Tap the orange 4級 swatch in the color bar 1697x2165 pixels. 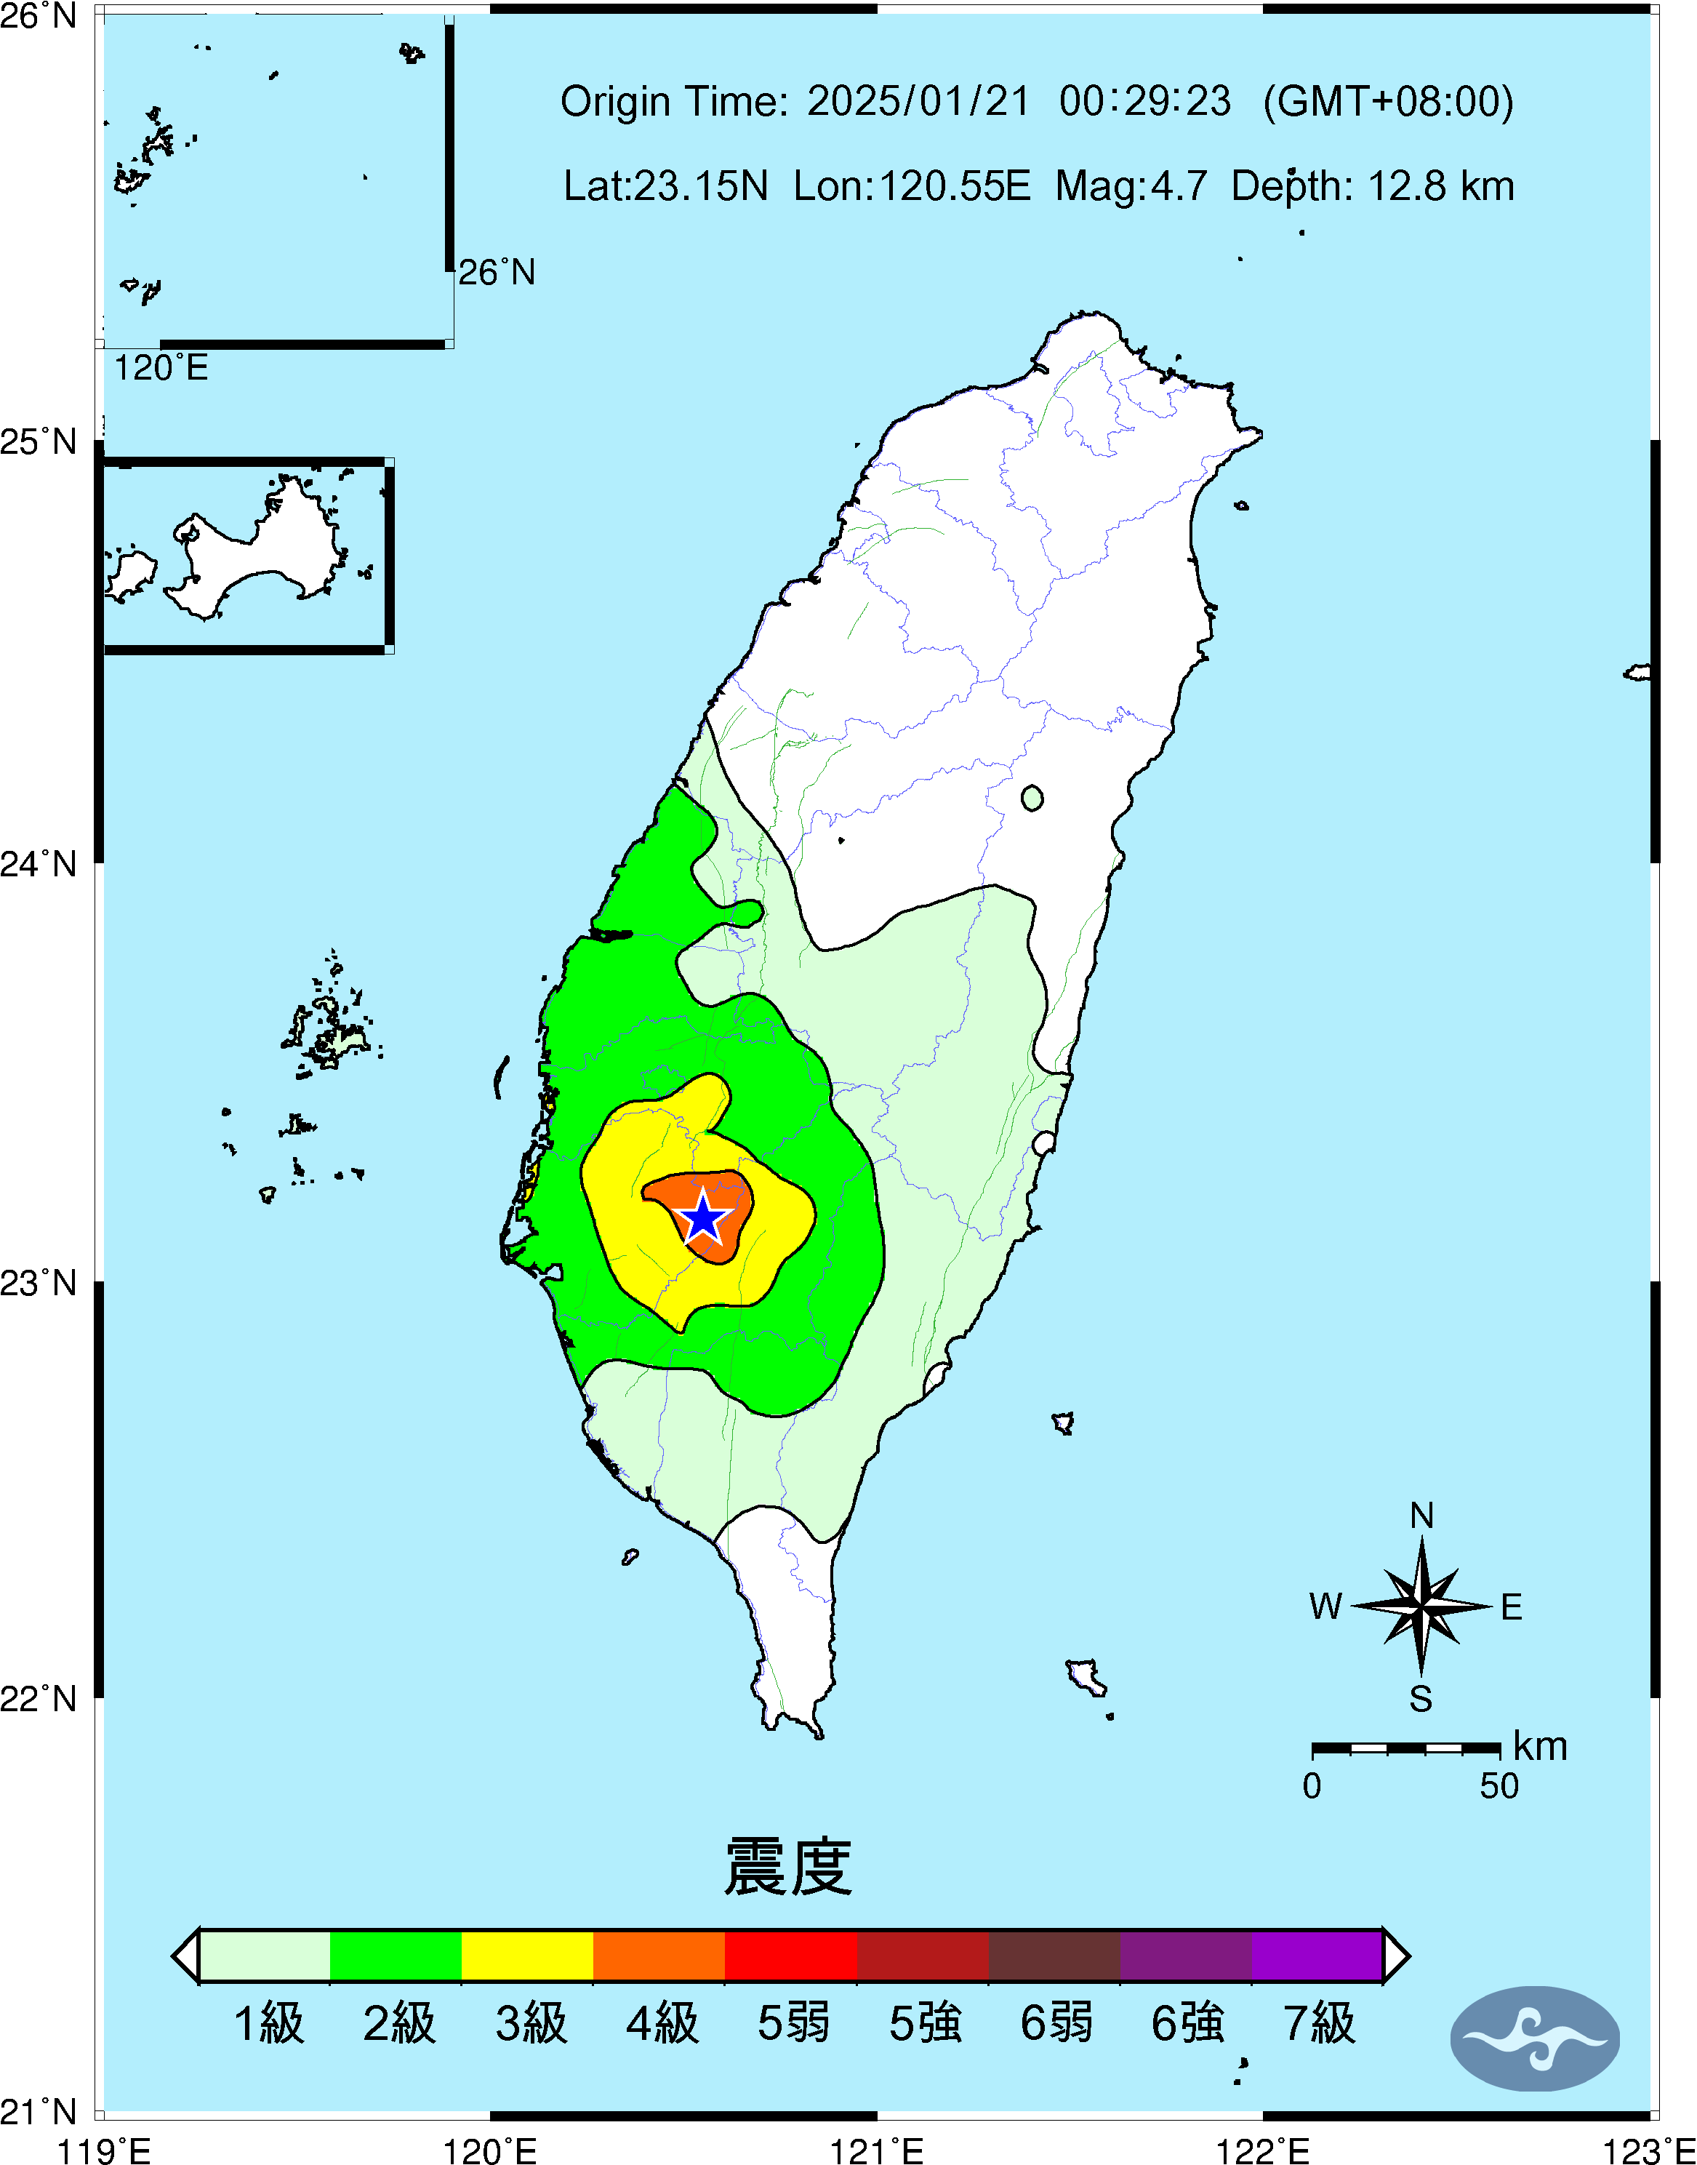pos(659,1956)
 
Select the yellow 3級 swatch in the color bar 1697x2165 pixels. pos(528,1956)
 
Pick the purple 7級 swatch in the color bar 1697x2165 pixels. pos(1317,1956)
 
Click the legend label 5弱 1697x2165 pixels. pos(793,2023)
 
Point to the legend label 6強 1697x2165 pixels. pos(1187,2023)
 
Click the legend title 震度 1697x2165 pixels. pos(788,1867)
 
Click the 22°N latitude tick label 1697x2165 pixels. pos(39,1699)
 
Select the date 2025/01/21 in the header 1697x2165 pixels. pos(918,101)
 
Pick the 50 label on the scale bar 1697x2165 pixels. pos(1499,1786)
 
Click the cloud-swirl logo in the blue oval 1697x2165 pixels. pos(1535,2038)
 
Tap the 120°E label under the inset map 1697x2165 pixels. pos(161,369)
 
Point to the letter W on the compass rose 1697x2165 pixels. pos(1325,1606)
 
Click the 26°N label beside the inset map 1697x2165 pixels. pos(497,272)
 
